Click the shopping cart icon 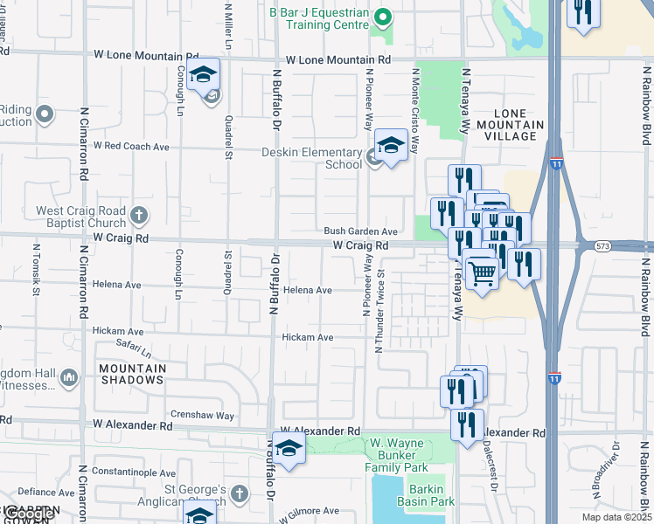(x=483, y=272)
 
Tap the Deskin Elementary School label (x=299, y=158)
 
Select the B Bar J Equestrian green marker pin (x=381, y=17)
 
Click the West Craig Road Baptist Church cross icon (x=138, y=213)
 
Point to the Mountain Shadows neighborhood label (x=133, y=374)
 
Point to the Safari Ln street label (x=135, y=349)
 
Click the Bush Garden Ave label (x=361, y=231)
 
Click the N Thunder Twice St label (x=380, y=311)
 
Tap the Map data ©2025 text (x=616, y=517)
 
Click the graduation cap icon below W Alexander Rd (x=287, y=450)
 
